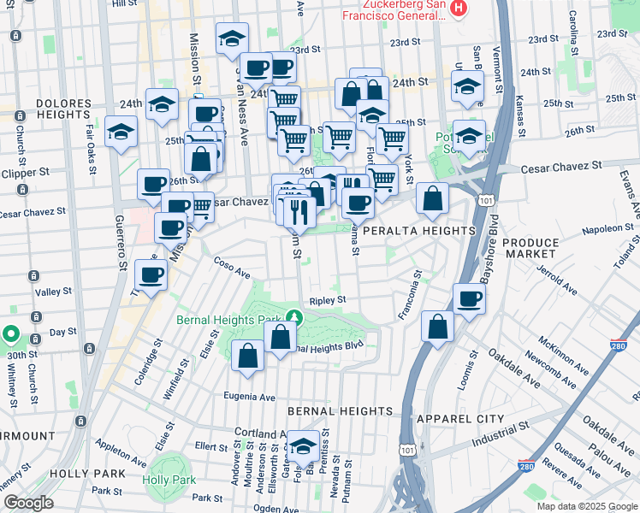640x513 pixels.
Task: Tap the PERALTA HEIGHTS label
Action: (x=418, y=231)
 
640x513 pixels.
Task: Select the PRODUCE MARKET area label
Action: (x=530, y=250)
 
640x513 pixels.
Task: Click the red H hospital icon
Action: (x=459, y=9)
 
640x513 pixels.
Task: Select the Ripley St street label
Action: (x=327, y=300)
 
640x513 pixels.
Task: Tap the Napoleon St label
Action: (x=607, y=229)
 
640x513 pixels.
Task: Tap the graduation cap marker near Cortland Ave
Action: (x=302, y=445)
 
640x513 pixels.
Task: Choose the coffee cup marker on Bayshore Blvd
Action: (x=469, y=298)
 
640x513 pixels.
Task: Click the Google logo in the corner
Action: (x=28, y=503)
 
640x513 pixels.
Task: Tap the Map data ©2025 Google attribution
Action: (x=587, y=506)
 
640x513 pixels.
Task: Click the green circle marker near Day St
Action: (x=9, y=334)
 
